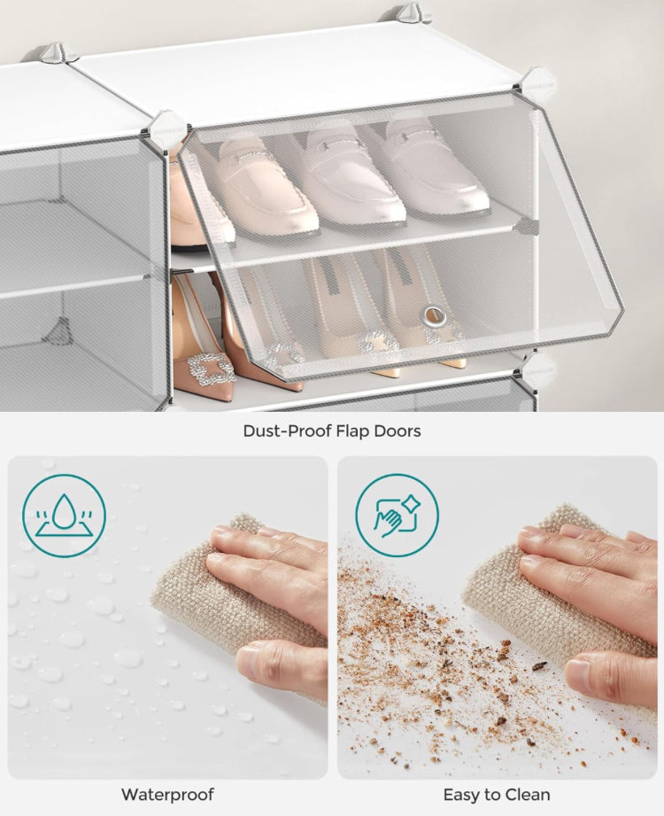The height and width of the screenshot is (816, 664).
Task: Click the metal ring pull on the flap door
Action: pyautogui.click(x=434, y=314)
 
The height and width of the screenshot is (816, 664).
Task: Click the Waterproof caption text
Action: pyautogui.click(x=167, y=794)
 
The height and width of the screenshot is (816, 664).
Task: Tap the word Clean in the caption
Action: pyautogui.click(x=529, y=794)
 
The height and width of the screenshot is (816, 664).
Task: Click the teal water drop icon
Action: pyautogui.click(x=64, y=515)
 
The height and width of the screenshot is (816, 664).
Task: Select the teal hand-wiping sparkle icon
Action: pyautogui.click(x=397, y=515)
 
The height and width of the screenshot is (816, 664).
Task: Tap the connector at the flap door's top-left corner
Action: pyautogui.click(x=166, y=130)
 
